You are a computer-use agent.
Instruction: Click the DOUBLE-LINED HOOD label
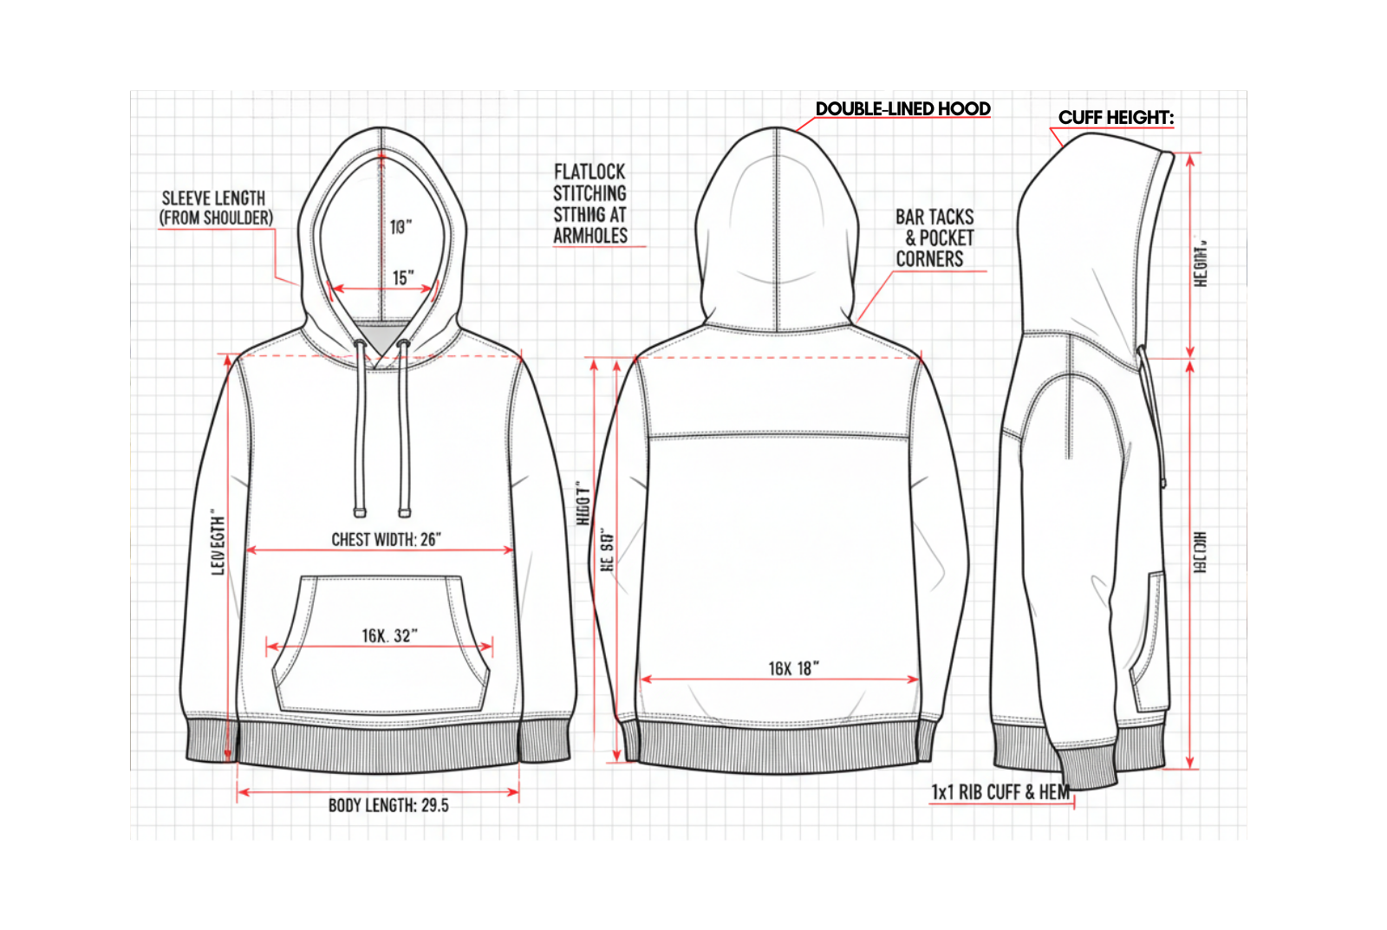coord(902,109)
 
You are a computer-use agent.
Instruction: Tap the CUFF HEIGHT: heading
coord(1116,118)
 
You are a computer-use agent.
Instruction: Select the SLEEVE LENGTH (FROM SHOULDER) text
coord(215,208)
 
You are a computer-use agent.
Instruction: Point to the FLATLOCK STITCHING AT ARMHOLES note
coord(590,204)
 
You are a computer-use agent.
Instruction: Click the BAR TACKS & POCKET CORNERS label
coord(934,237)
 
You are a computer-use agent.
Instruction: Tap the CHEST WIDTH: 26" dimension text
coord(386,539)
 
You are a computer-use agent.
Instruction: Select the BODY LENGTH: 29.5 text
coord(388,805)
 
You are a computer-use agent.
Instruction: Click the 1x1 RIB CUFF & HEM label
coord(1000,792)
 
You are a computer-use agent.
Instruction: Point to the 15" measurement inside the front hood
coord(402,278)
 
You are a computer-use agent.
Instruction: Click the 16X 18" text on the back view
coord(793,668)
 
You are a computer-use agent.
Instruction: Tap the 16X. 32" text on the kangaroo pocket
coord(389,635)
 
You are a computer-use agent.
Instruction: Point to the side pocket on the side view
coord(1149,641)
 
